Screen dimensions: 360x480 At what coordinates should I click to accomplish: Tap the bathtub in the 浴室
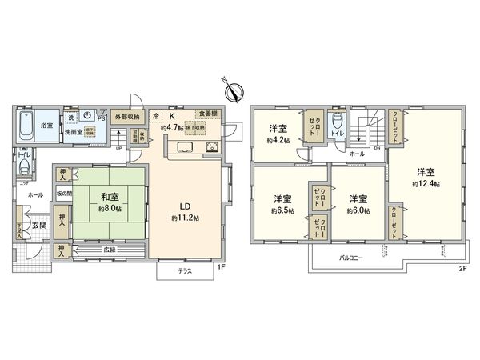(x=25, y=126)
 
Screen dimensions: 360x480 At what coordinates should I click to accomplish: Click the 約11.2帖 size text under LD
(x=184, y=217)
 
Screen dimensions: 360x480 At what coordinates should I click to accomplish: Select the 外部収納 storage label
(x=126, y=117)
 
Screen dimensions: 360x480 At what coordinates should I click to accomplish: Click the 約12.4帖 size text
(x=426, y=183)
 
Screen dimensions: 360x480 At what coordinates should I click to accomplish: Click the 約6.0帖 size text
(x=357, y=210)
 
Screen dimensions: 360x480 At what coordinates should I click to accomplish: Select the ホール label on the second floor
(x=358, y=153)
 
